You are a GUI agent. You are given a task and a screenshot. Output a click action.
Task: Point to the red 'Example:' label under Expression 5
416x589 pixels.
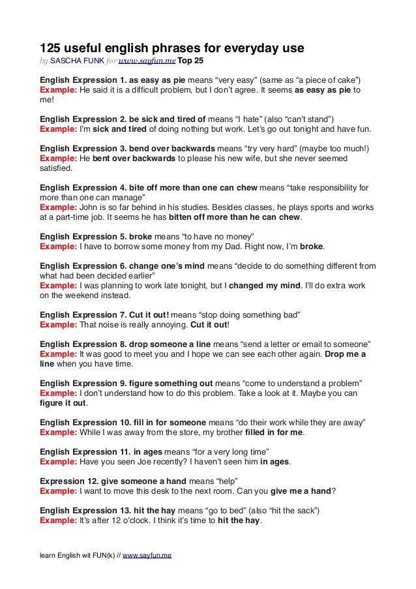coord(58,247)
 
